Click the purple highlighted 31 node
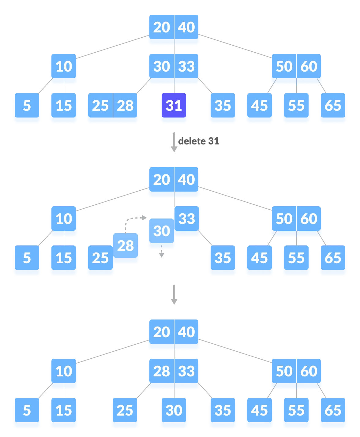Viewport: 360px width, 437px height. [x=174, y=106]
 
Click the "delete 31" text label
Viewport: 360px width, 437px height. [x=199, y=141]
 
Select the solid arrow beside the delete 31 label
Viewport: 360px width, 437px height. [x=174, y=142]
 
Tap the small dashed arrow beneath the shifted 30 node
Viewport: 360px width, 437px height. [x=162, y=253]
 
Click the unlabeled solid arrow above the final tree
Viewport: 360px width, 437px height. [x=174, y=295]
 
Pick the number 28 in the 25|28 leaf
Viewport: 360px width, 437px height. [x=125, y=106]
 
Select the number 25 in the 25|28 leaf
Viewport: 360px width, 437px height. [x=100, y=106]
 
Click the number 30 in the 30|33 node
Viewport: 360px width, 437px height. [x=162, y=67]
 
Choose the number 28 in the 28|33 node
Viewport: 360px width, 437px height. [x=162, y=372]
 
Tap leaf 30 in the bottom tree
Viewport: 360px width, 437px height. [x=174, y=411]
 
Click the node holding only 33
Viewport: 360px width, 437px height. [x=187, y=219]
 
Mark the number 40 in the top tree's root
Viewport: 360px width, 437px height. [x=186, y=28]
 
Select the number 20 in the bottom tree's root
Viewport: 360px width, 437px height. [x=162, y=332]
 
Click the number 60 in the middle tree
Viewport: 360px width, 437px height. [x=309, y=219]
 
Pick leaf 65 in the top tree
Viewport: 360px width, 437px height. [x=333, y=106]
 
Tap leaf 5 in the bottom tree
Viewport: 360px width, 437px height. [x=27, y=411]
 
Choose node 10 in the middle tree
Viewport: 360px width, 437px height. [x=64, y=219]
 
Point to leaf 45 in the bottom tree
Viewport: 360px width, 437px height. [x=260, y=411]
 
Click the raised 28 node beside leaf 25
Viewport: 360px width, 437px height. [x=126, y=246]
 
